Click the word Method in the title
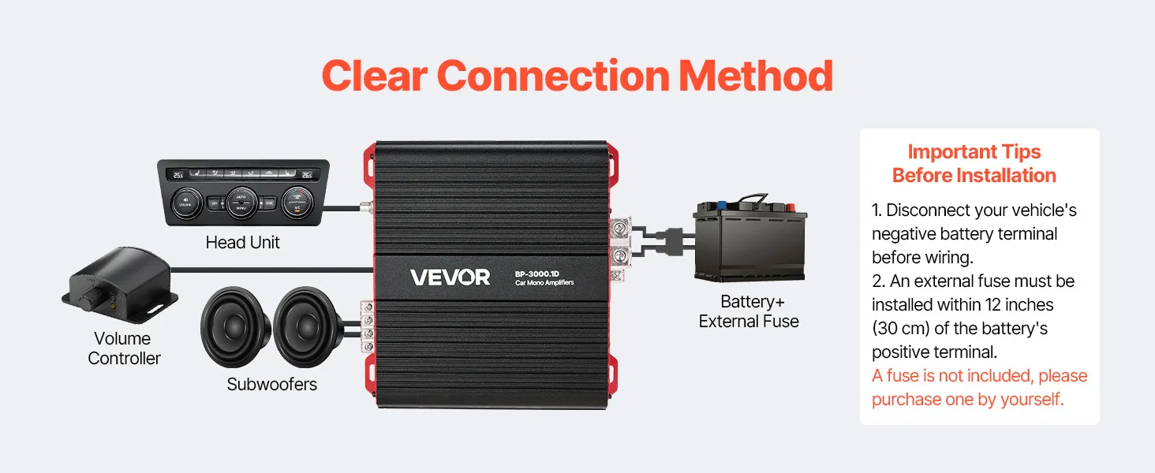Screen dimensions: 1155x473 [x=755, y=76]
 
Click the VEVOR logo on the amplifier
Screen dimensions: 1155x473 [x=450, y=277]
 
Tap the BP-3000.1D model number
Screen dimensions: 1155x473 [x=536, y=274]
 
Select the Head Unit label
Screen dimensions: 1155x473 [x=242, y=242]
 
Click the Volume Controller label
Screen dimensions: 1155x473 [x=124, y=348]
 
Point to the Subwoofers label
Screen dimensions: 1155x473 [x=271, y=384]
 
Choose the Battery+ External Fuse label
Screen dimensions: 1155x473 [x=749, y=311]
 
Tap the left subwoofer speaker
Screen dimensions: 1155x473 [x=234, y=326]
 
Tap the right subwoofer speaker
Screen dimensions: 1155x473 [x=308, y=326]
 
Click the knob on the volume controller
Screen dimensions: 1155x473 [x=92, y=300]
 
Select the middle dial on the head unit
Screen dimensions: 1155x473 [x=241, y=203]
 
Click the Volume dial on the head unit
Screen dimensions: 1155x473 [x=185, y=203]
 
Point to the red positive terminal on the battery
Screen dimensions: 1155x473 [x=789, y=207]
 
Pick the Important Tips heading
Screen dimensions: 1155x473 [x=974, y=163]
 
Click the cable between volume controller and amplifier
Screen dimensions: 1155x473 [x=271, y=270]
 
